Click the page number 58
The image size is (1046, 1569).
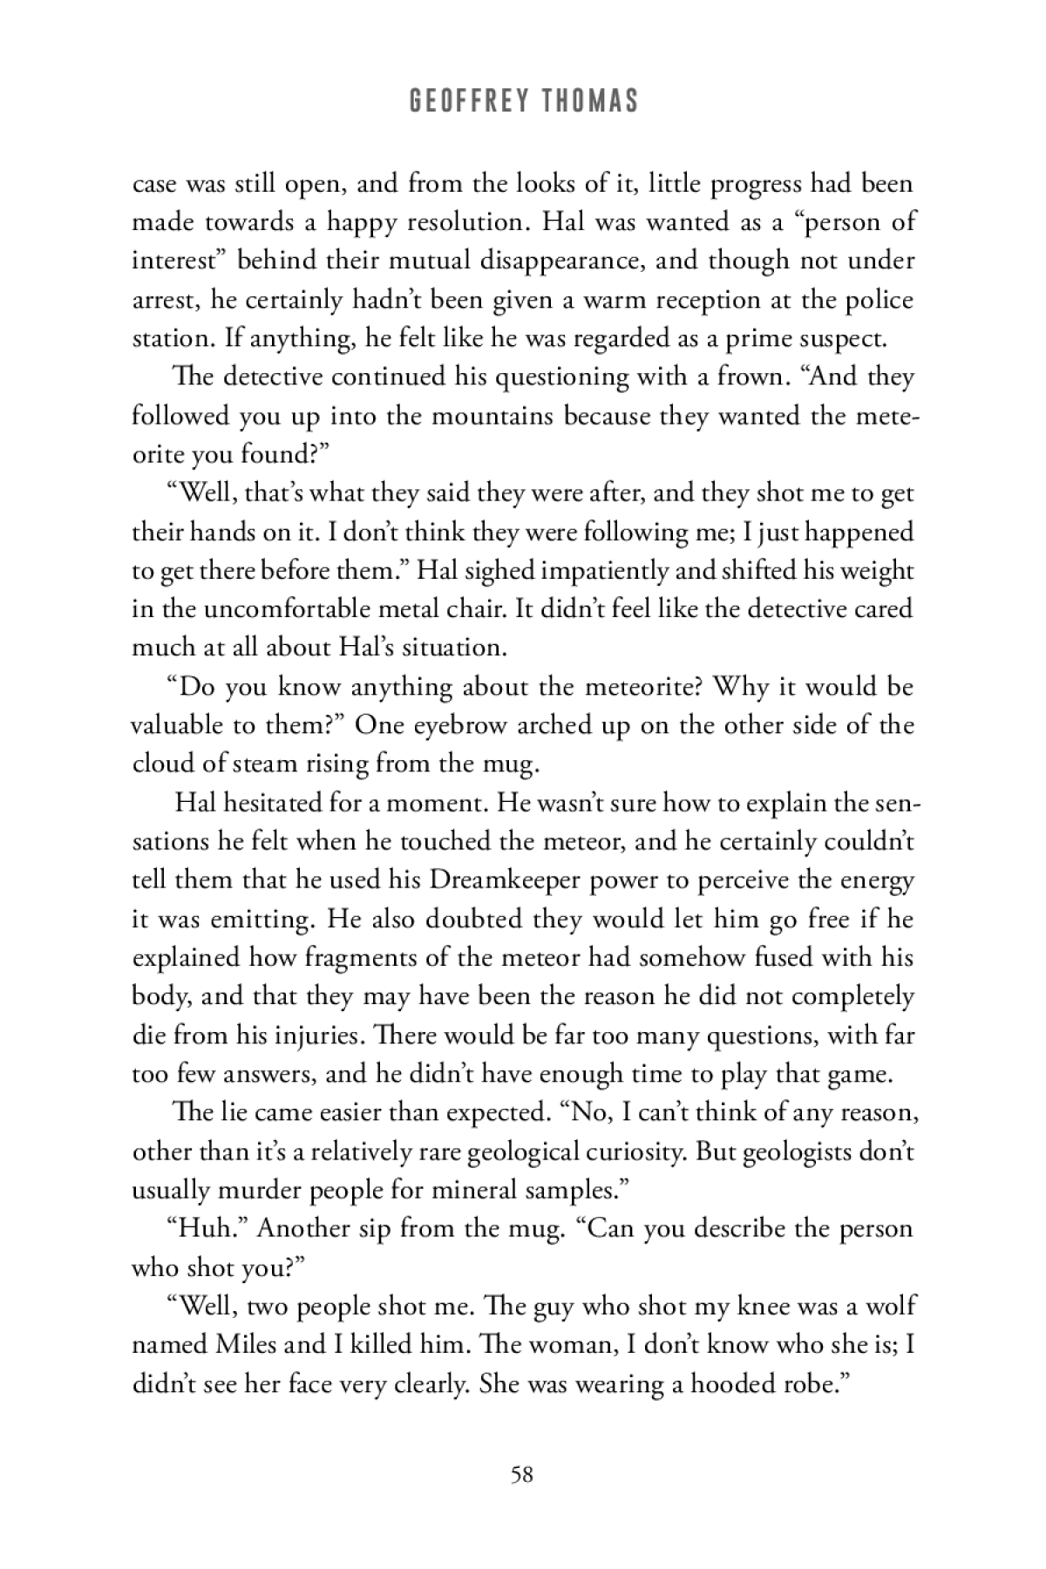522,1475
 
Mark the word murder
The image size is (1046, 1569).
248,1190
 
